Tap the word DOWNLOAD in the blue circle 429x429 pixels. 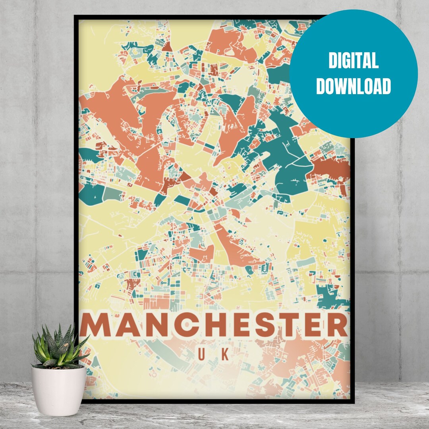click(353, 86)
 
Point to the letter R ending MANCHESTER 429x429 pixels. click(338, 325)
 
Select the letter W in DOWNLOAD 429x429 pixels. click(344, 86)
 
